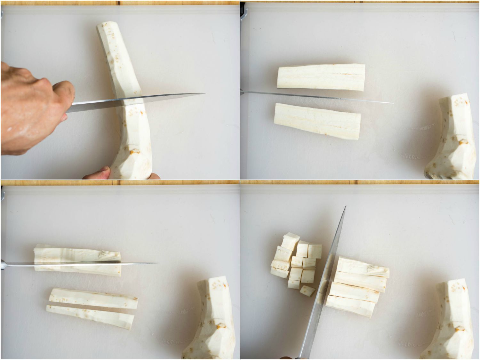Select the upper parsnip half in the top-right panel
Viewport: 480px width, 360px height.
321,77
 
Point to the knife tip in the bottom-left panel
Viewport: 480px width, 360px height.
158,263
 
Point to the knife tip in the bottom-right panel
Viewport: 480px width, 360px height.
346,206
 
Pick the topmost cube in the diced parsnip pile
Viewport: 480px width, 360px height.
290,241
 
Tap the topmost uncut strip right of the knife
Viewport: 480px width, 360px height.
363,267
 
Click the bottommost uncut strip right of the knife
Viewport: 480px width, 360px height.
350,306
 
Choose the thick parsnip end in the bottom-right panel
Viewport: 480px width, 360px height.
448,320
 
